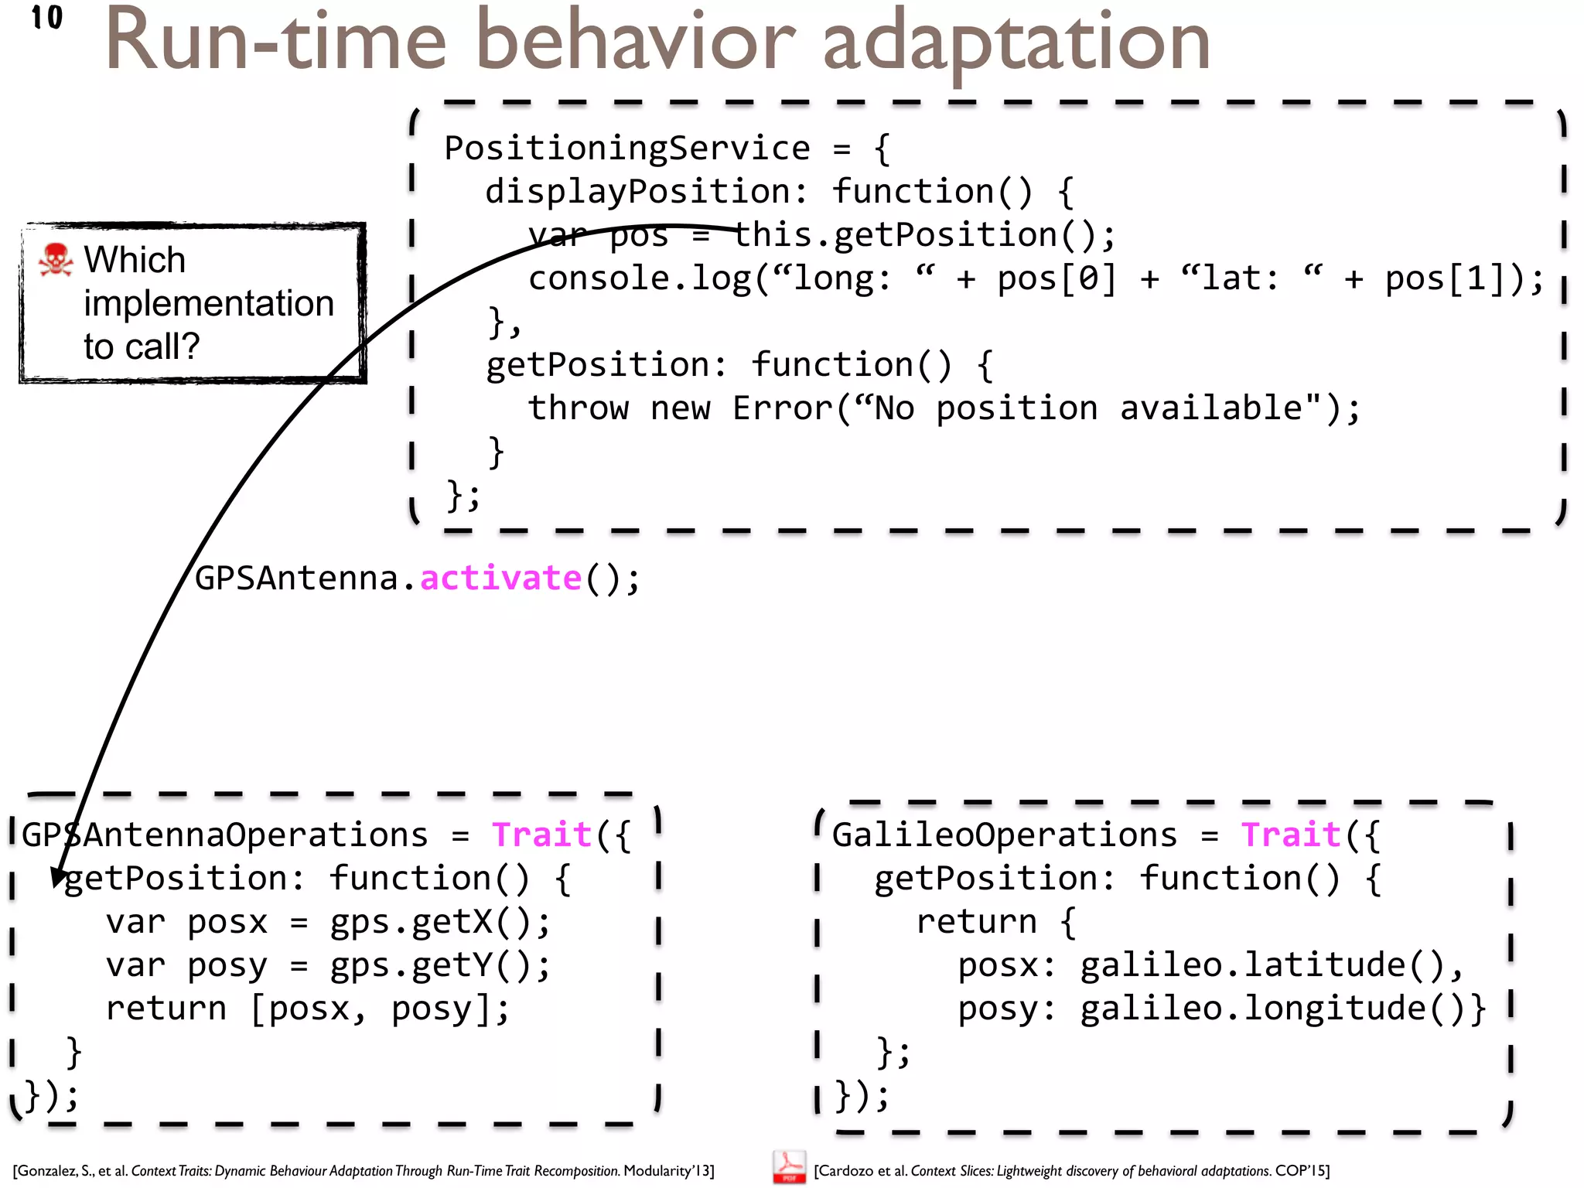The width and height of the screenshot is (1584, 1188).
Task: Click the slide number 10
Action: pyautogui.click(x=47, y=18)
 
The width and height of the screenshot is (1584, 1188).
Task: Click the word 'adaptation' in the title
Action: pyautogui.click(x=1016, y=43)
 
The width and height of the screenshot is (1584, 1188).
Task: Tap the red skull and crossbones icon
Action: pyautogui.click(x=55, y=260)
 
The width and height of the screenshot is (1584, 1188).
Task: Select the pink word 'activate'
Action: pyautogui.click(x=500, y=579)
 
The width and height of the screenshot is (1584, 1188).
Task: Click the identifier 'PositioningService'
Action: pyautogui.click(x=627, y=148)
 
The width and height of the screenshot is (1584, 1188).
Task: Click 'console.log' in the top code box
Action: pyautogui.click(x=639, y=278)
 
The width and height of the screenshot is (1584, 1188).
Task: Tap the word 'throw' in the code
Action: pyautogui.click(x=578, y=408)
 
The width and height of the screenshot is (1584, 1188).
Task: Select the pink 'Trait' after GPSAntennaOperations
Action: pyautogui.click(x=541, y=835)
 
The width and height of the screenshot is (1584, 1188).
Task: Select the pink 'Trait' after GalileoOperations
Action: pyautogui.click(x=1290, y=835)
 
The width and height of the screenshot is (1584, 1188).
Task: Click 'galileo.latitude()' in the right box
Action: pyautogui.click(x=1262, y=965)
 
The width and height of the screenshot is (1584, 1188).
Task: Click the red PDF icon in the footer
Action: pyautogui.click(x=788, y=1167)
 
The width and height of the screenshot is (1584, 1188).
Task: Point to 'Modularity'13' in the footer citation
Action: pyautogui.click(x=668, y=1171)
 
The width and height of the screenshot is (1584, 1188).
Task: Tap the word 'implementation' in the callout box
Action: pyautogui.click(x=209, y=303)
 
